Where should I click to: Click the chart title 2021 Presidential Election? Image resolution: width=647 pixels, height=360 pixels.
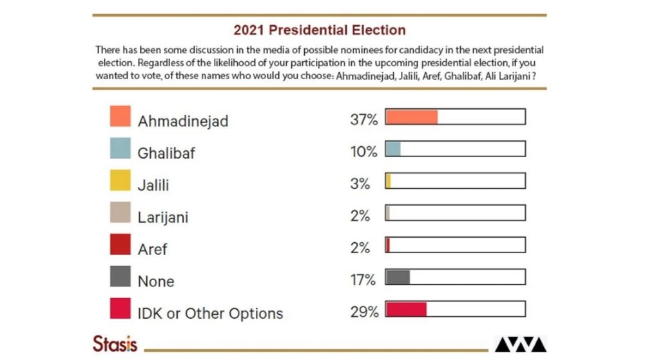pyautogui.click(x=319, y=30)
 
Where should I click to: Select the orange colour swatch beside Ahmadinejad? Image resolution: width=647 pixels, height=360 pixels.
pyautogui.click(x=120, y=117)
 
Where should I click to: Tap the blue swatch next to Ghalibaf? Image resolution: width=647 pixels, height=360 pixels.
pyautogui.click(x=120, y=149)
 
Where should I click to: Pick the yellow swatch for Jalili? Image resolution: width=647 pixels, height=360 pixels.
pyautogui.click(x=120, y=181)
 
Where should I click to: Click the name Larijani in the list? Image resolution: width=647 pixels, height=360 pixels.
pyautogui.click(x=163, y=217)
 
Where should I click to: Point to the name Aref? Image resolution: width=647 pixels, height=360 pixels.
pyautogui.click(x=152, y=249)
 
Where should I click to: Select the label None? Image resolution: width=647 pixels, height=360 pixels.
pyautogui.click(x=156, y=281)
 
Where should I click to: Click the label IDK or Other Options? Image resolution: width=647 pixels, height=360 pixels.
pyautogui.click(x=210, y=314)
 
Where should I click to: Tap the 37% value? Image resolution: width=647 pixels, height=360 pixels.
pyautogui.click(x=363, y=119)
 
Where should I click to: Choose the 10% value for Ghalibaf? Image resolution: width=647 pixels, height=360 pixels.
pyautogui.click(x=363, y=151)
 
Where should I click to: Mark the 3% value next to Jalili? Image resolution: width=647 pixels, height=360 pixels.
pyautogui.click(x=360, y=184)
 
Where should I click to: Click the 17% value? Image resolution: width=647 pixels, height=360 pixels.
pyautogui.click(x=363, y=280)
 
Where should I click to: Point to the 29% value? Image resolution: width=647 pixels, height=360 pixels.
pyautogui.click(x=363, y=312)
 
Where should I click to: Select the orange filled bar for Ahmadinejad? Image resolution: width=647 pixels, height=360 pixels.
pyautogui.click(x=412, y=117)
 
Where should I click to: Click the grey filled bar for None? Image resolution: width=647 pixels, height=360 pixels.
pyautogui.click(x=398, y=277)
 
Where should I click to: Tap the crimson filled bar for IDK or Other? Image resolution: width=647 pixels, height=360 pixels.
pyautogui.click(x=406, y=309)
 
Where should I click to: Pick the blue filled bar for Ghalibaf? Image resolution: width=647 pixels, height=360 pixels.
pyautogui.click(x=393, y=149)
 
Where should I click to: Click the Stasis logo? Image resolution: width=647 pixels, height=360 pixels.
pyautogui.click(x=115, y=343)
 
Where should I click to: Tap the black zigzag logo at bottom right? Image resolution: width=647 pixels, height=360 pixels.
pyautogui.click(x=520, y=345)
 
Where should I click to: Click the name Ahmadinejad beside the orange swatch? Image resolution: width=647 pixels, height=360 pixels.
pyautogui.click(x=183, y=121)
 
